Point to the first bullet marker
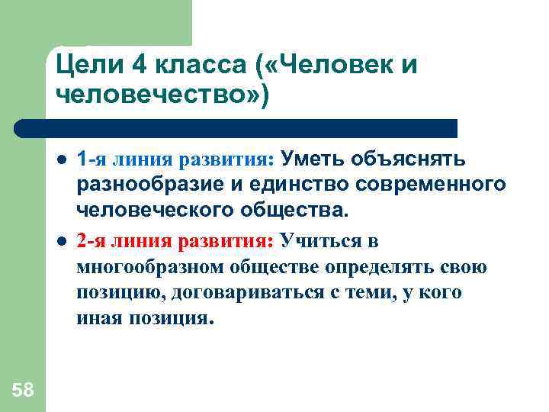pyautogui.click(x=61, y=161)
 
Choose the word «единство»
pyautogui.click(x=278, y=184)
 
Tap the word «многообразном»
pyautogui.click(x=149, y=268)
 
